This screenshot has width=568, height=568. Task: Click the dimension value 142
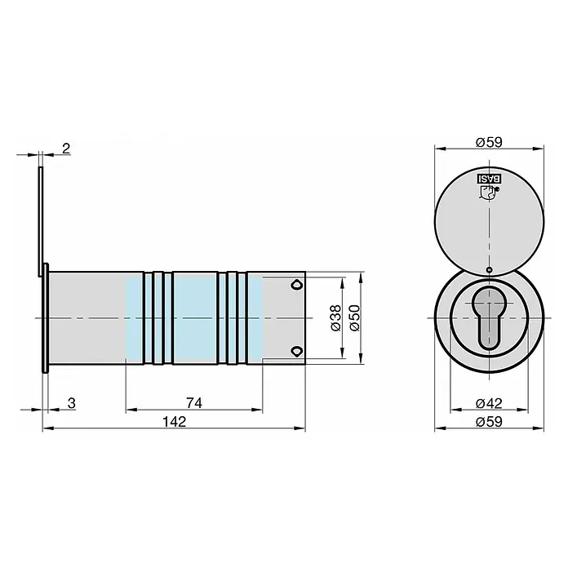(x=175, y=422)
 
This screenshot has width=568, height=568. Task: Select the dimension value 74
(x=194, y=403)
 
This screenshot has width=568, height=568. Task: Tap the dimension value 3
(x=72, y=403)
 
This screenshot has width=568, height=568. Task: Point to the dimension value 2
(x=66, y=149)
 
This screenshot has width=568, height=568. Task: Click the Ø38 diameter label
(x=335, y=317)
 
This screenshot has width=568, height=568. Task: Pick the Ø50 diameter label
(x=355, y=317)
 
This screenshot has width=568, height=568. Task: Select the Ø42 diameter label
(x=489, y=403)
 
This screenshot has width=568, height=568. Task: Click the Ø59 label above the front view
(x=489, y=142)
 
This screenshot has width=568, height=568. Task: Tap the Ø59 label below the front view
(x=489, y=422)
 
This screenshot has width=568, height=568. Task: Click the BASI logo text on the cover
(x=489, y=179)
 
